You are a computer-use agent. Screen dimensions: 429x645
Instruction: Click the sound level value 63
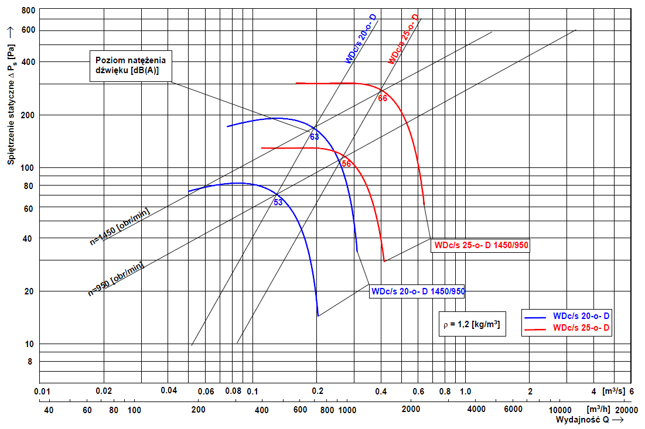(x=315, y=137)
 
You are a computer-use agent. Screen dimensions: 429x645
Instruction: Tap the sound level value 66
(x=383, y=98)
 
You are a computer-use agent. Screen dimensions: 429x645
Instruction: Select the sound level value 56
(x=346, y=164)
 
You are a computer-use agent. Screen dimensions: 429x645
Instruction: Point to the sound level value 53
(x=278, y=203)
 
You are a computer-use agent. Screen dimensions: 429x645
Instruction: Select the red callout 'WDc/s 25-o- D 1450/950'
(x=480, y=246)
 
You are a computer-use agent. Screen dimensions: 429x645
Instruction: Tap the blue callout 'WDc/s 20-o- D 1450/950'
(x=417, y=291)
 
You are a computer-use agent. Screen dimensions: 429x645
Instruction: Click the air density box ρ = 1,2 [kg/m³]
(x=472, y=323)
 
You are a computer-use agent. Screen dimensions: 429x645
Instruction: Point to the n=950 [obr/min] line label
(x=115, y=279)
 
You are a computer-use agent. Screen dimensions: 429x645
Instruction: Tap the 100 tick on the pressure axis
(x=28, y=168)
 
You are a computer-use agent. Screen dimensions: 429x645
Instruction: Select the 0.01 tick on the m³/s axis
(x=40, y=391)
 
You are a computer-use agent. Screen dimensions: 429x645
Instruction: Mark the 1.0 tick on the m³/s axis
(x=466, y=391)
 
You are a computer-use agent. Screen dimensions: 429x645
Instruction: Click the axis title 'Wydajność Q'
(x=583, y=420)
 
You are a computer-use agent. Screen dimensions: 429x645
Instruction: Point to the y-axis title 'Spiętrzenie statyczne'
(x=11, y=99)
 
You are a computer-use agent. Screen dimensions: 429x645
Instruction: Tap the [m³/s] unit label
(x=614, y=391)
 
